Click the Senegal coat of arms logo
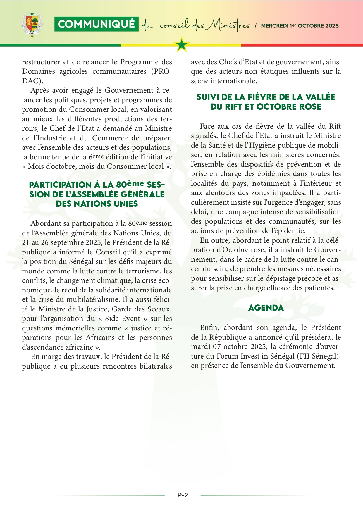point(32,25)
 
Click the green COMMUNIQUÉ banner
point(96,24)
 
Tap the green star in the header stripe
point(182,45)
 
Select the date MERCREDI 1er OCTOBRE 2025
point(300,26)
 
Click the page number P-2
point(183,495)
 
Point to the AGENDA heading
point(266,308)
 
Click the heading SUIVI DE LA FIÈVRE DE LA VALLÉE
point(266,97)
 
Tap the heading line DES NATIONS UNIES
point(97,204)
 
